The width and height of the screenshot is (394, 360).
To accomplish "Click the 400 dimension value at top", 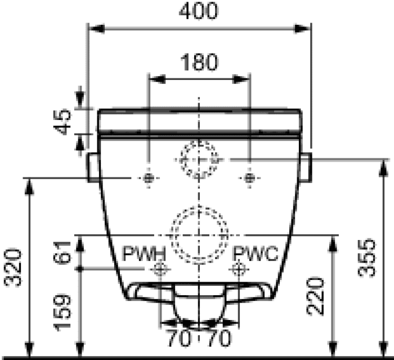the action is tap(199, 11).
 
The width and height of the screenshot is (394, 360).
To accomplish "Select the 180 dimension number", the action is tap(199, 62).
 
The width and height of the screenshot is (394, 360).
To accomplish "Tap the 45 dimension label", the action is tap(62, 122).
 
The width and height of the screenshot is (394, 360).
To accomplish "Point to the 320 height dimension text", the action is tap(13, 268).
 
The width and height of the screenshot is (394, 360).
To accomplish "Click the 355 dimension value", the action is tap(367, 258).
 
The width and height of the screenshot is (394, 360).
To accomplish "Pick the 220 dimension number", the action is tap(315, 296).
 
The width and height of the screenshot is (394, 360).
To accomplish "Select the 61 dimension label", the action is tap(62, 252).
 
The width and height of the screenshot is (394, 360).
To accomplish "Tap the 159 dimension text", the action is tap(62, 312).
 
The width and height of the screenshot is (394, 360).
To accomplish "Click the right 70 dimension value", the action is tap(218, 339).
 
